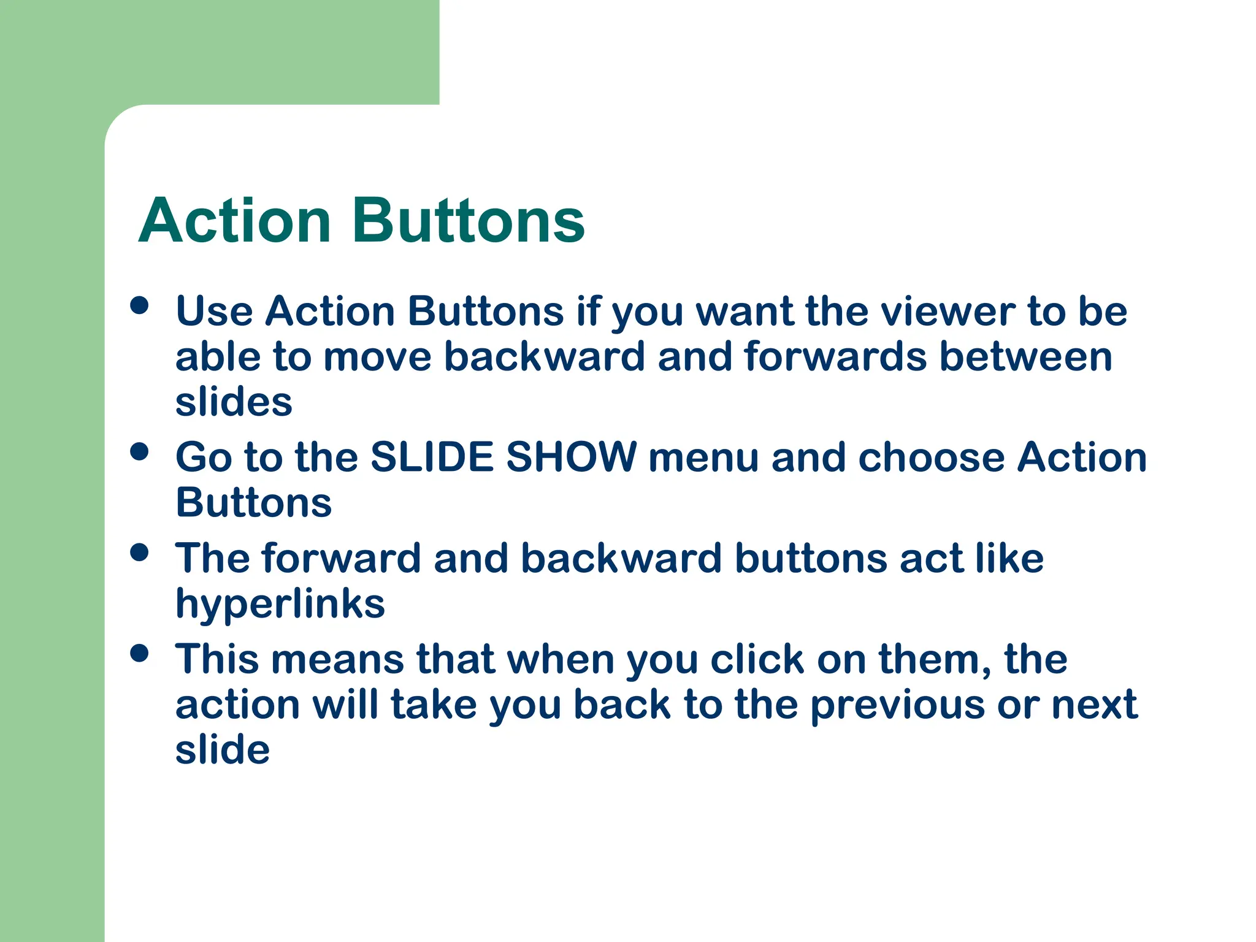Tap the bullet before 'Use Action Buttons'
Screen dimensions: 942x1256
point(140,305)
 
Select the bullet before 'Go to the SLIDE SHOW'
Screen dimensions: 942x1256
point(140,451)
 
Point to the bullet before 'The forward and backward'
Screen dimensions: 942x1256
point(140,552)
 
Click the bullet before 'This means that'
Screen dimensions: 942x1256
point(140,653)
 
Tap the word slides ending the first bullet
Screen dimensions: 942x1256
point(234,402)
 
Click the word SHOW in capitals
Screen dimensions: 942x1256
point(572,458)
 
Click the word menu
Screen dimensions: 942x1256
point(703,459)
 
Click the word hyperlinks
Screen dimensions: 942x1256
point(280,605)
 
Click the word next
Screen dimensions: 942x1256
point(1095,705)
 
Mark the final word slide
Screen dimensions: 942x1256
point(223,750)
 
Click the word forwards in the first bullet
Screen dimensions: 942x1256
point(835,357)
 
